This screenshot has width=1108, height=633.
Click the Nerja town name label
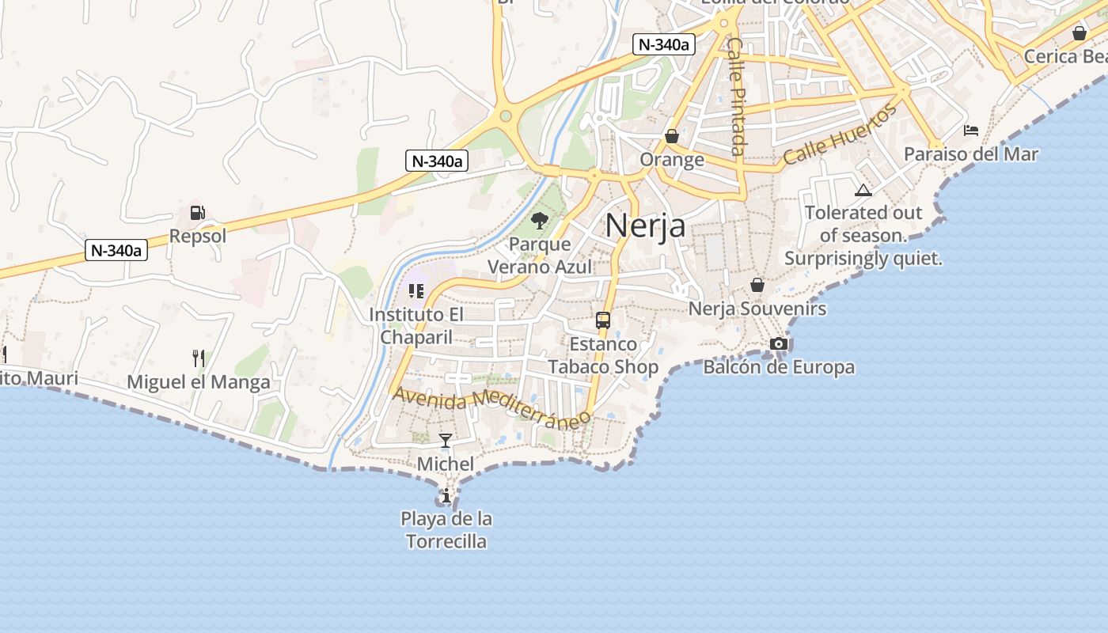pyautogui.click(x=645, y=226)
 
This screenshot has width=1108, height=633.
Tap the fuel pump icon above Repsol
pyautogui.click(x=197, y=213)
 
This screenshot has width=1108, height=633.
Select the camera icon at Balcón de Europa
pyautogui.click(x=779, y=343)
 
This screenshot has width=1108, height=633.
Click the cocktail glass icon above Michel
pyautogui.click(x=446, y=441)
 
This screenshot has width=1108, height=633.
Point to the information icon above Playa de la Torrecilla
pyautogui.click(x=446, y=496)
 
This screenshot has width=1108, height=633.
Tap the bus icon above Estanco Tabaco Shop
pyautogui.click(x=603, y=320)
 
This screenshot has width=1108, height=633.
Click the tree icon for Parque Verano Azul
pyautogui.click(x=540, y=221)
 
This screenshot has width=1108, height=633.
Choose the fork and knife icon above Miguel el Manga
pyautogui.click(x=199, y=359)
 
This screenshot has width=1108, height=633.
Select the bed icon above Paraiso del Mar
pyautogui.click(x=971, y=130)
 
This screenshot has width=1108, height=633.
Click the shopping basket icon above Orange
pyautogui.click(x=672, y=136)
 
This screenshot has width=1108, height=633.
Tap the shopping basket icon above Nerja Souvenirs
pyautogui.click(x=757, y=285)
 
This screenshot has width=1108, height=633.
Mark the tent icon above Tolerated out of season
pyautogui.click(x=863, y=190)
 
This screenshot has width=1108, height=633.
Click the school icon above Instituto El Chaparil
pyautogui.click(x=416, y=291)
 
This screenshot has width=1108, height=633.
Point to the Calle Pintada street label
pyautogui.click(x=736, y=97)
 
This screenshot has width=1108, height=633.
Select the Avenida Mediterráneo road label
pyautogui.click(x=492, y=407)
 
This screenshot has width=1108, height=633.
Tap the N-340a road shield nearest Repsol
pyautogui.click(x=116, y=251)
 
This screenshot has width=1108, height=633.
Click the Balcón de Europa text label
pyautogui.click(x=779, y=367)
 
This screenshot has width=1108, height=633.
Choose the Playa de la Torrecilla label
pyautogui.click(x=446, y=530)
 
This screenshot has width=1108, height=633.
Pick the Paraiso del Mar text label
pyautogui.click(x=970, y=154)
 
